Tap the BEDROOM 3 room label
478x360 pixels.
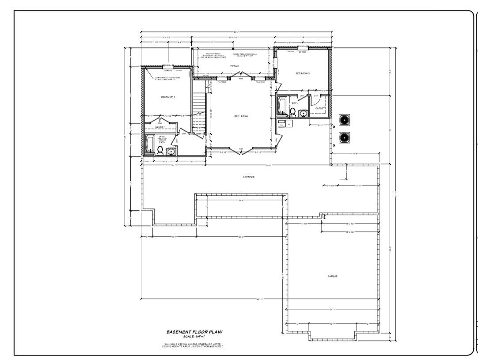tap(303, 73)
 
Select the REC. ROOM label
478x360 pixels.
tap(241, 116)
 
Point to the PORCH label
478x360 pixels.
tap(234, 66)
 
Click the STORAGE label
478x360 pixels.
tap(248, 177)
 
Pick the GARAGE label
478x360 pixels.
tap(332, 276)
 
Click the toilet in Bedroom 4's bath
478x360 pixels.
tap(160, 151)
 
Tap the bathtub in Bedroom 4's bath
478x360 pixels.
tap(150, 144)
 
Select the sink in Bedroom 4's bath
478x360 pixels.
tap(171, 152)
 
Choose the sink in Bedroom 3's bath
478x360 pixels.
tap(303, 114)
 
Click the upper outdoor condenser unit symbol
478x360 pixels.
tap(344, 120)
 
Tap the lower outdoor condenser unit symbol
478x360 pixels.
tap(344, 137)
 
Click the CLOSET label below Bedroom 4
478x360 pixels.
tap(159, 127)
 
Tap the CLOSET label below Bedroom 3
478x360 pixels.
tap(320, 108)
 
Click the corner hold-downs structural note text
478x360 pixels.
tap(168, 78)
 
